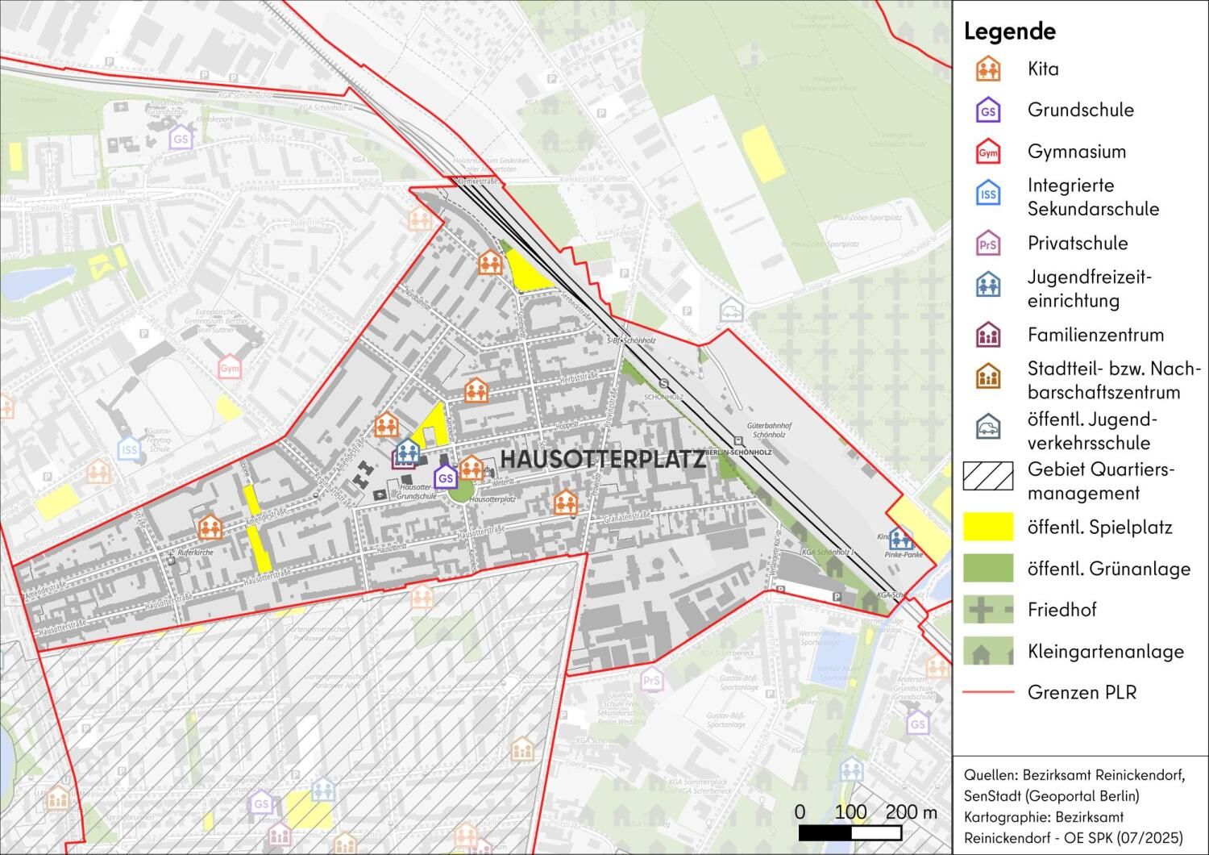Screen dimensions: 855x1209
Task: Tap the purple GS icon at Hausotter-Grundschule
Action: pos(445,478)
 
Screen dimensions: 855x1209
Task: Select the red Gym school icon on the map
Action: pos(230,368)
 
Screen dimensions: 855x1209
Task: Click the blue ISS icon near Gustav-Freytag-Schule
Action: pos(129,448)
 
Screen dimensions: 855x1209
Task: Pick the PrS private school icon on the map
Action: pos(651,680)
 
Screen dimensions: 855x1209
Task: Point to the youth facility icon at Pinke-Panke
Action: pos(900,539)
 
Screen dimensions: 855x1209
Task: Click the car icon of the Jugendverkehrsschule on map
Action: pos(731,309)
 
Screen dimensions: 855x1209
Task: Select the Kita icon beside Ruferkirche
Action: pos(210,528)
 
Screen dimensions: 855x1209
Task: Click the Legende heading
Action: pos(1009,31)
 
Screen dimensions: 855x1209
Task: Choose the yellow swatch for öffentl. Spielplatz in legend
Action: pos(987,527)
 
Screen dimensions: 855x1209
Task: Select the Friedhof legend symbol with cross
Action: pos(987,610)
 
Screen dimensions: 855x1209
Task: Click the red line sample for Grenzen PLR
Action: pos(987,692)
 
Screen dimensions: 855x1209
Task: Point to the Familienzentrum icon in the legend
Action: pos(987,335)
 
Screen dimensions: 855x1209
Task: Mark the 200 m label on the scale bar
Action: pos(911,811)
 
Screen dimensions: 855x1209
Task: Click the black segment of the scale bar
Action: pos(825,832)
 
